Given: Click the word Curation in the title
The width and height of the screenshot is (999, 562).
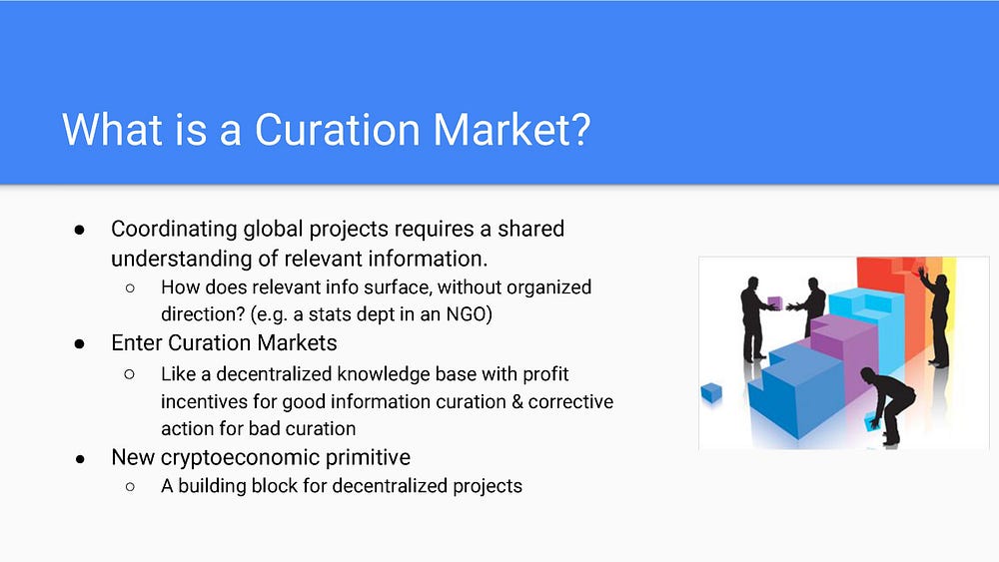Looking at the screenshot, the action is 337,130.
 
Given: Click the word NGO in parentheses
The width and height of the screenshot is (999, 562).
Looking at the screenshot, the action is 467,314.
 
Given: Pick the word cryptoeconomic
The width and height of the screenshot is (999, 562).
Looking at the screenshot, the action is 240,458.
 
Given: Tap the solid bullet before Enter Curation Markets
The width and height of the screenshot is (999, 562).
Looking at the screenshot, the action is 80,344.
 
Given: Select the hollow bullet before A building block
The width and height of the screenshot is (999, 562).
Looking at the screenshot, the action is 130,487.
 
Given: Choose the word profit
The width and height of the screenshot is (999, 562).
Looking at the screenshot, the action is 546,374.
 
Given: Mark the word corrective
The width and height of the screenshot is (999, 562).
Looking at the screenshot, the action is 570,401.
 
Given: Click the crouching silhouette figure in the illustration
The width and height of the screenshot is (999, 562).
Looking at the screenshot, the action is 890,404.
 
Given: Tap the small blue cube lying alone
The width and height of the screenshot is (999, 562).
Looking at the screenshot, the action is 711,392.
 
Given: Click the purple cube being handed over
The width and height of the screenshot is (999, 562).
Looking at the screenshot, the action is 775,301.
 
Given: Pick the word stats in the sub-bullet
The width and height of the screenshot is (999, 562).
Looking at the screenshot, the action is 328,314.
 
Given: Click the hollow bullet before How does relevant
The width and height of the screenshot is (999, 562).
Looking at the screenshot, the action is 130,288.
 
